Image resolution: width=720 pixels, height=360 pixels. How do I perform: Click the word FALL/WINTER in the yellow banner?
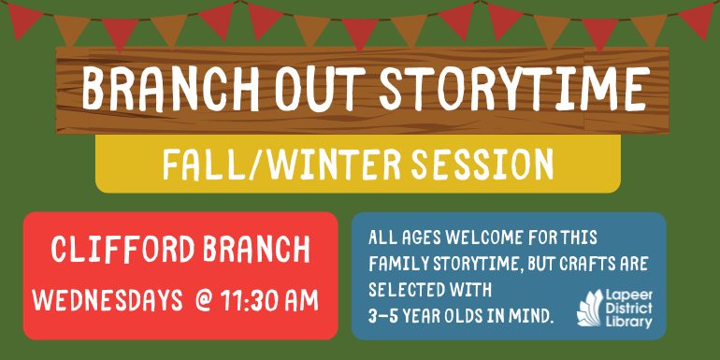(264, 166)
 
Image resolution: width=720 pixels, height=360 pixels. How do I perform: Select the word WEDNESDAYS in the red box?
(107, 301)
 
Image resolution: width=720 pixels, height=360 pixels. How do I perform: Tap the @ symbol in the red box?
(203, 301)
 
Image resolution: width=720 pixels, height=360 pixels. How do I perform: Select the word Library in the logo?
(631, 323)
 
